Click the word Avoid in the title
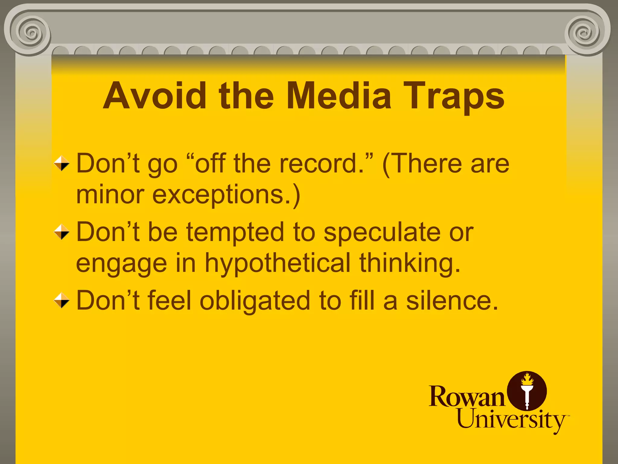(154, 96)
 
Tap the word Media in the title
(339, 96)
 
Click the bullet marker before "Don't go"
(62, 163)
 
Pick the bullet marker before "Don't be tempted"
(62, 232)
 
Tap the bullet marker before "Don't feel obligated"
(62, 300)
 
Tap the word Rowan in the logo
(467, 396)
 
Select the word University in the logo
(511, 420)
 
